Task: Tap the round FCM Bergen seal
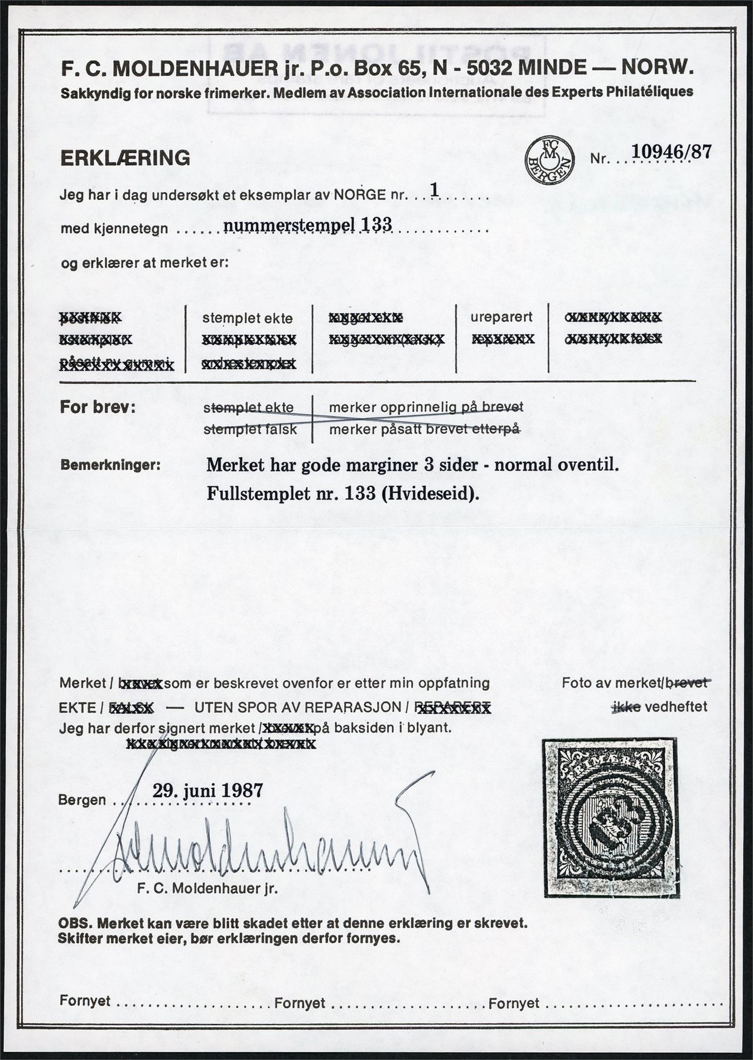click(x=549, y=159)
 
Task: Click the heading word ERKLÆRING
click(x=125, y=158)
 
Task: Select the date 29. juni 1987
click(x=207, y=792)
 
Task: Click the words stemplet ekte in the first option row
click(x=247, y=319)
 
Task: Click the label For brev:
click(x=98, y=407)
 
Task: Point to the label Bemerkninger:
click(x=110, y=464)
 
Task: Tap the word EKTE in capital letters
click(x=77, y=708)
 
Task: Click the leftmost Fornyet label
click(x=85, y=1001)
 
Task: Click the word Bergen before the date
click(x=82, y=799)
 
